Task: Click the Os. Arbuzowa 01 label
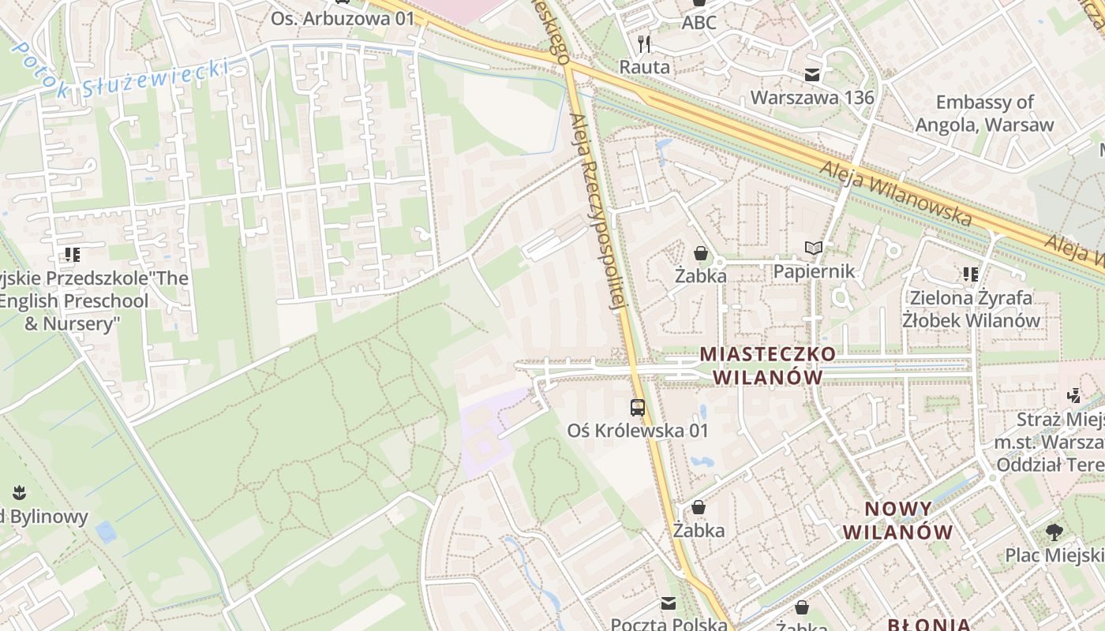343,17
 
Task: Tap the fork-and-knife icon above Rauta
644,44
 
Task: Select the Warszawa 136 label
812,98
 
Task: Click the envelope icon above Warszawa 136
811,76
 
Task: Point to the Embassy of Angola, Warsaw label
984,114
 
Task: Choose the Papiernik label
814,271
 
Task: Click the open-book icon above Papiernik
814,248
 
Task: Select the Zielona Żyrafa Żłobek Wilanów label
971,308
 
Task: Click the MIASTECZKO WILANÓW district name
767,364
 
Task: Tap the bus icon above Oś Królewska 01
638,408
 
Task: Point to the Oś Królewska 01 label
638,431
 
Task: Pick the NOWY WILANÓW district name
898,520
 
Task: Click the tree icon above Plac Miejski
1054,532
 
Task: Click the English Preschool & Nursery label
75,301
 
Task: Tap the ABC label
699,22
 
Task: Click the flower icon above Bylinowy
20,495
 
